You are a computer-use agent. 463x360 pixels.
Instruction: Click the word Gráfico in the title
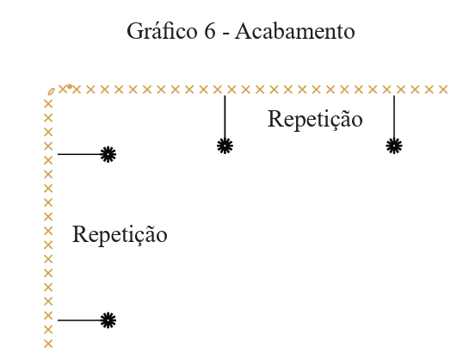click(x=162, y=32)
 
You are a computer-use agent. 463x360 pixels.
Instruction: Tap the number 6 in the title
click(x=210, y=31)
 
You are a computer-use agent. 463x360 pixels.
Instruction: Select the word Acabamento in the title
click(x=295, y=31)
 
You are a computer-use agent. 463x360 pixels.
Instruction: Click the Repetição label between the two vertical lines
click(x=315, y=120)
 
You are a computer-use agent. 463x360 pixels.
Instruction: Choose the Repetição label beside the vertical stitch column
click(x=120, y=234)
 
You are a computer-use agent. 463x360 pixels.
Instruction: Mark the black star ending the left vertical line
click(x=225, y=146)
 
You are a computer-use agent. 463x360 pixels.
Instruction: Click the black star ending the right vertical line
click(x=394, y=146)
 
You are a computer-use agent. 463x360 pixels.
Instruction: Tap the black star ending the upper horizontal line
click(x=108, y=154)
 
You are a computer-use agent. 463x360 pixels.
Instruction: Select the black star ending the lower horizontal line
click(x=108, y=320)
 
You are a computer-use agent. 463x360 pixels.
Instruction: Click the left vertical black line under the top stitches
click(x=225, y=117)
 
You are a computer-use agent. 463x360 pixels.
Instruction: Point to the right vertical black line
click(x=394, y=117)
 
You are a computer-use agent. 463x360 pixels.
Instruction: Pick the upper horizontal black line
click(x=79, y=154)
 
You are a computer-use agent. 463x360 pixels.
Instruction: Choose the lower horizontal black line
click(x=79, y=320)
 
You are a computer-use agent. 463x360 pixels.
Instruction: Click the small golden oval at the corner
click(x=51, y=91)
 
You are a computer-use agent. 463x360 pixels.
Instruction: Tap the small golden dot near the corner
click(x=70, y=86)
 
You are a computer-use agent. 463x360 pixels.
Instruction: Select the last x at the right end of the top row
click(x=443, y=90)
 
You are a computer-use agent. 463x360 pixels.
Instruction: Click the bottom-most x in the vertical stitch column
click(x=48, y=344)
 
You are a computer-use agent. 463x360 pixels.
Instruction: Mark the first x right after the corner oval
click(x=63, y=89)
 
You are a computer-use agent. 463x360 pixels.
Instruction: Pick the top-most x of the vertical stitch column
click(x=48, y=104)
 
